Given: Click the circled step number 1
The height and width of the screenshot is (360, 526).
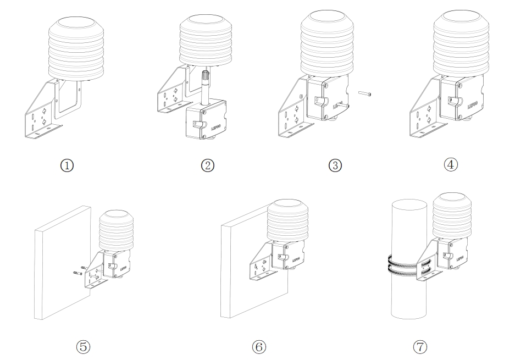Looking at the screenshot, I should click(67, 165).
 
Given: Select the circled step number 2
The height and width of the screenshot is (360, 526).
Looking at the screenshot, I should click(207, 165).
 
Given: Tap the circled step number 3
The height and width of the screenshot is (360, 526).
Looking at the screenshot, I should click(335, 165).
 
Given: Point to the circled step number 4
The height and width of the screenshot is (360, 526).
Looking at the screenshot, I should click(451, 164).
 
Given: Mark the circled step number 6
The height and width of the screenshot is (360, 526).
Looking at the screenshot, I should click(259, 347).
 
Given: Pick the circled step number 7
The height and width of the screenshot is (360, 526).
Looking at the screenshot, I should click(419, 347).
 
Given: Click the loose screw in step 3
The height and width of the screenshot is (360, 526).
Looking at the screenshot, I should click(364, 94).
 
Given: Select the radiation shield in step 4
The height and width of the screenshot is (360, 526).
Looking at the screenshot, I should click(459, 44).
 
